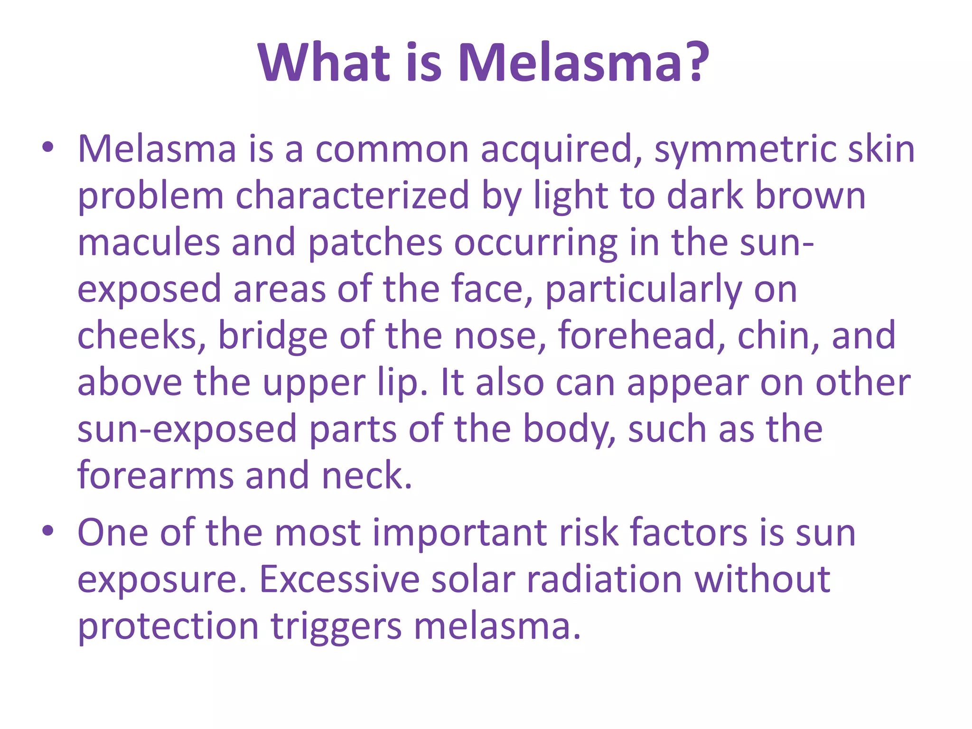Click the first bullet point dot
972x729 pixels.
47,148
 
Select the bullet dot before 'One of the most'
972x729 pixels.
47,532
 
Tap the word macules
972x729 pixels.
149,242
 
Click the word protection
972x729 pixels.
168,626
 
